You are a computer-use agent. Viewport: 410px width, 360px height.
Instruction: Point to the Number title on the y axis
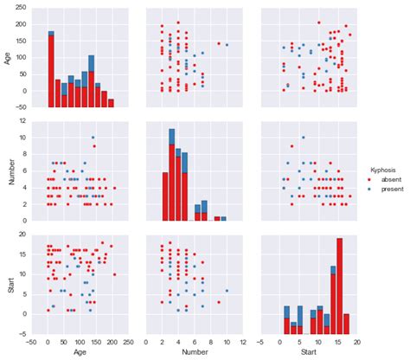point(8,169)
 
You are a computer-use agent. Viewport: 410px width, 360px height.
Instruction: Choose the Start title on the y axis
point(8,279)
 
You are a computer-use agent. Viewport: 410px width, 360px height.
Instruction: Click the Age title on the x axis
point(80,353)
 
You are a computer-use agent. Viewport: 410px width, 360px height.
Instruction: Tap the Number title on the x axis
point(191,353)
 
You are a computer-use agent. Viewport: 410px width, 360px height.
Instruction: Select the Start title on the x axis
point(303,353)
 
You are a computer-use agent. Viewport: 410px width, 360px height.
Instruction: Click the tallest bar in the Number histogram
point(172,173)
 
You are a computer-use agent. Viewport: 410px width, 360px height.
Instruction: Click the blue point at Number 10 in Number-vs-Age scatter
point(93,138)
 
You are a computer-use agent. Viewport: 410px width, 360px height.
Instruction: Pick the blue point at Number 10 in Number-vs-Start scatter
point(303,138)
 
